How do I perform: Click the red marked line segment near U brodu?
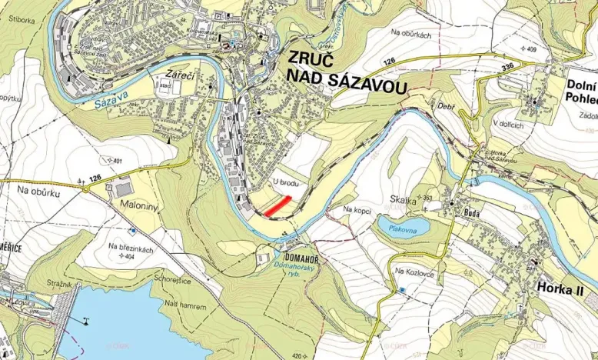tap(277, 205)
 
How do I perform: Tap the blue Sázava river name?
tap(91, 100)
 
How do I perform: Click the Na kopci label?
tap(358, 208)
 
